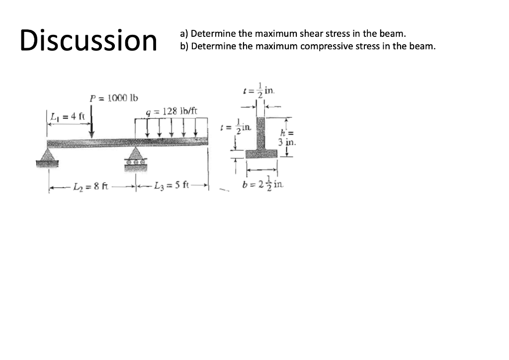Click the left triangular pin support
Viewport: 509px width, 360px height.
pos(56,155)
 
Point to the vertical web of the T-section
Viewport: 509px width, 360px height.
pos(261,130)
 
